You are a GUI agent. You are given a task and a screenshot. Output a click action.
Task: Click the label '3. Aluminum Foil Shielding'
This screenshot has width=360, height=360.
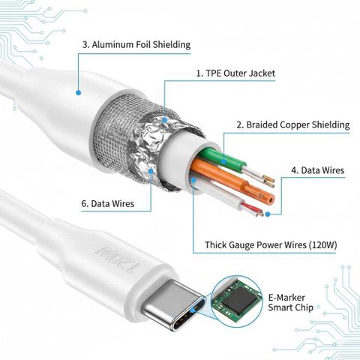[136, 45]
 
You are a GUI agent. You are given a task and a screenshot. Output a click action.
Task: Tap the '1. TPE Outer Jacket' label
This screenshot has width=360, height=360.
[235, 73]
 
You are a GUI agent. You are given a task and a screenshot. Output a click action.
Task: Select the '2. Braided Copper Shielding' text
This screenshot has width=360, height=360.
[293, 124]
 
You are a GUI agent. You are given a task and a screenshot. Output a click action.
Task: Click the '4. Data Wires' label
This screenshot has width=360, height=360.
[318, 170]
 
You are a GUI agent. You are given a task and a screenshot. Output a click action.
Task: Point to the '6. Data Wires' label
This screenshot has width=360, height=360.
[108, 203]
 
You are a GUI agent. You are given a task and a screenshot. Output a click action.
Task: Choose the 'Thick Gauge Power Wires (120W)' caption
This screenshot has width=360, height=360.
[271, 245]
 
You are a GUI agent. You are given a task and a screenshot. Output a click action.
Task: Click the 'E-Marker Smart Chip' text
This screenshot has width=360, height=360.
[290, 302]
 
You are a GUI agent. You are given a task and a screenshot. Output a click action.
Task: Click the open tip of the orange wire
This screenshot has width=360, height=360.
[269, 198]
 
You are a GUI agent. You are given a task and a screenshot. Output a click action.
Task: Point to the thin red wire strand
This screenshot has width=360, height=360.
[251, 208]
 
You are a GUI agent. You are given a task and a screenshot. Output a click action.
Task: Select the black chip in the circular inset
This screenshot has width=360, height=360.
[237, 299]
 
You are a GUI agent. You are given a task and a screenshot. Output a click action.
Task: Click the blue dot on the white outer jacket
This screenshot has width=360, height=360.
[78, 93]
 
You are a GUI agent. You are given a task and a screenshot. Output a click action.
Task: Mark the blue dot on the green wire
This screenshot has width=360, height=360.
[224, 161]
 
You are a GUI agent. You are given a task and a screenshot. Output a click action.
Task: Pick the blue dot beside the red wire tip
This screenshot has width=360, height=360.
[268, 214]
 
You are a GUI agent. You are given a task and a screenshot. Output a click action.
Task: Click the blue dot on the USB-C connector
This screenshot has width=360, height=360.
[193, 310]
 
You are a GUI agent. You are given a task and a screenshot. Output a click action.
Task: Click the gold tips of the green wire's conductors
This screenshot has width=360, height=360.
[268, 181]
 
